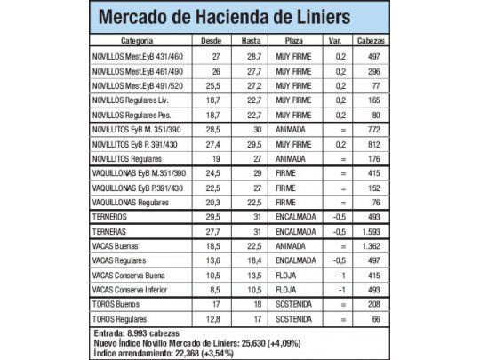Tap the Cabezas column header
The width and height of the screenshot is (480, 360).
(371, 41)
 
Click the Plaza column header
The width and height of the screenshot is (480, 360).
(293, 41)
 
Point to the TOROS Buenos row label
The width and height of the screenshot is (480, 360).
(117, 302)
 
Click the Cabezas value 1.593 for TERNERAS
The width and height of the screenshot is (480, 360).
(371, 230)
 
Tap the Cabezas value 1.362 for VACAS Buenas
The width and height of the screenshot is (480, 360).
(371, 244)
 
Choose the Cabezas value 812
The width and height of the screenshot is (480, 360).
(371, 143)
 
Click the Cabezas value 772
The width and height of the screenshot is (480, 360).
(371, 128)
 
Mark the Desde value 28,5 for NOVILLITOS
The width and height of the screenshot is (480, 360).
(212, 128)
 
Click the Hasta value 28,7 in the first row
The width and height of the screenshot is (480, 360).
(251, 55)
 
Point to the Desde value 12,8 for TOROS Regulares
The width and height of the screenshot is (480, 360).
(212, 317)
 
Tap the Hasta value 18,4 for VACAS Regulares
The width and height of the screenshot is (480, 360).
(251, 259)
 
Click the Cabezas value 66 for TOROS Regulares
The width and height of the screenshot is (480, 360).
(371, 317)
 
